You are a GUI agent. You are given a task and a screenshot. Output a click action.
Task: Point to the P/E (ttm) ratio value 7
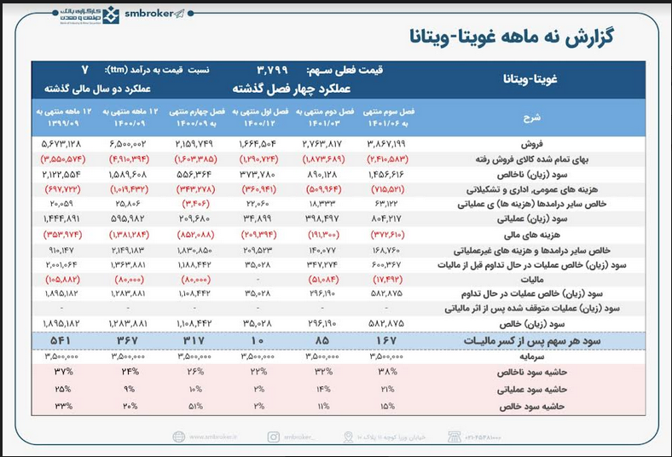click(x=84, y=69)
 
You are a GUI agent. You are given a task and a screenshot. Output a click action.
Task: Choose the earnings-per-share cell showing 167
click(x=388, y=341)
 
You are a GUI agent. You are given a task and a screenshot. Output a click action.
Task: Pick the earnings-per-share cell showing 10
click(x=259, y=341)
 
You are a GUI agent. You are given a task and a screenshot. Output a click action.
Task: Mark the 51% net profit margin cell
click(x=195, y=406)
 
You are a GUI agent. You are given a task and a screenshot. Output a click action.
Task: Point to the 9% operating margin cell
click(x=131, y=390)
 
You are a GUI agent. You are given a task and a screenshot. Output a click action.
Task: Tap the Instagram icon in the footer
click(x=273, y=437)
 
